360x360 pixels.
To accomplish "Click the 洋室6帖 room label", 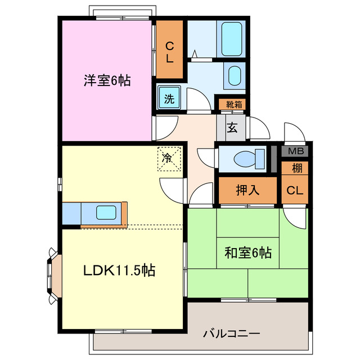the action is point(107,80).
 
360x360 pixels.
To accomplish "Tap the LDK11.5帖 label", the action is point(119,270).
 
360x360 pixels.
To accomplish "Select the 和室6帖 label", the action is point(248,253).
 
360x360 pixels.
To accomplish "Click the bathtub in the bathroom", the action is point(231,39).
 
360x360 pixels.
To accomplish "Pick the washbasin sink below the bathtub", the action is point(235,76).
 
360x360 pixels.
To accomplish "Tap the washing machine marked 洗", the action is point(169,98).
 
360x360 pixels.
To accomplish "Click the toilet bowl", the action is point(249,159).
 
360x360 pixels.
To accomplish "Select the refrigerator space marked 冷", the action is point(169,159).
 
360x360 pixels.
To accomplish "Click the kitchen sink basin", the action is point(106,213).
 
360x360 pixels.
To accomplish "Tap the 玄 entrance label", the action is point(232,128).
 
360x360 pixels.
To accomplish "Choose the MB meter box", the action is point(295,151).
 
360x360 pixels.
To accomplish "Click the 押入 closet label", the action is point(247,190).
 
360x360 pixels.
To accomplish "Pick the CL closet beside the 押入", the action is point(295,190).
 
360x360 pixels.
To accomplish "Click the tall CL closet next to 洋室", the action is point(169,49).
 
